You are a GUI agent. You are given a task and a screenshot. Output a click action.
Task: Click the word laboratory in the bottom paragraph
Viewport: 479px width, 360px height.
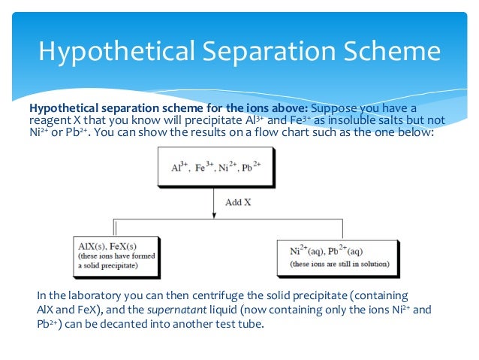point(98,295)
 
